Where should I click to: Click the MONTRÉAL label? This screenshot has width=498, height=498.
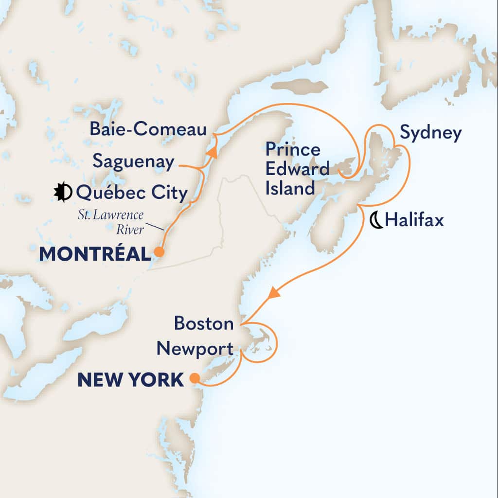(x=94, y=254)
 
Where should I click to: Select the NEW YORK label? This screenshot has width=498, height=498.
(x=130, y=380)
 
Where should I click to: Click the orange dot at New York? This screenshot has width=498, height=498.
(x=194, y=378)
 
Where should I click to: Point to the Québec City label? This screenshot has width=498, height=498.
(x=132, y=194)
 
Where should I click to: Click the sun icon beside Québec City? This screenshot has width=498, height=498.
(x=63, y=193)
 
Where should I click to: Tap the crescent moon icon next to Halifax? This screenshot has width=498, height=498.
(x=375, y=221)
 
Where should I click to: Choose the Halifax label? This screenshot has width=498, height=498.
(x=414, y=221)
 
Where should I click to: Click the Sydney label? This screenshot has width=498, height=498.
(x=430, y=133)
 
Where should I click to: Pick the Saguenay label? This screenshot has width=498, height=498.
(x=133, y=162)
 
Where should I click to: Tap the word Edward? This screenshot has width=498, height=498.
(x=297, y=169)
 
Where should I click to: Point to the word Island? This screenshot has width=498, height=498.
(x=290, y=188)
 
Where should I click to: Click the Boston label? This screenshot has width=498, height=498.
(x=204, y=323)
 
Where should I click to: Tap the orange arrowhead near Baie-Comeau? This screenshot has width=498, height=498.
(x=212, y=152)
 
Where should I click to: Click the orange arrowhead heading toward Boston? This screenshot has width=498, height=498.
(x=274, y=293)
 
